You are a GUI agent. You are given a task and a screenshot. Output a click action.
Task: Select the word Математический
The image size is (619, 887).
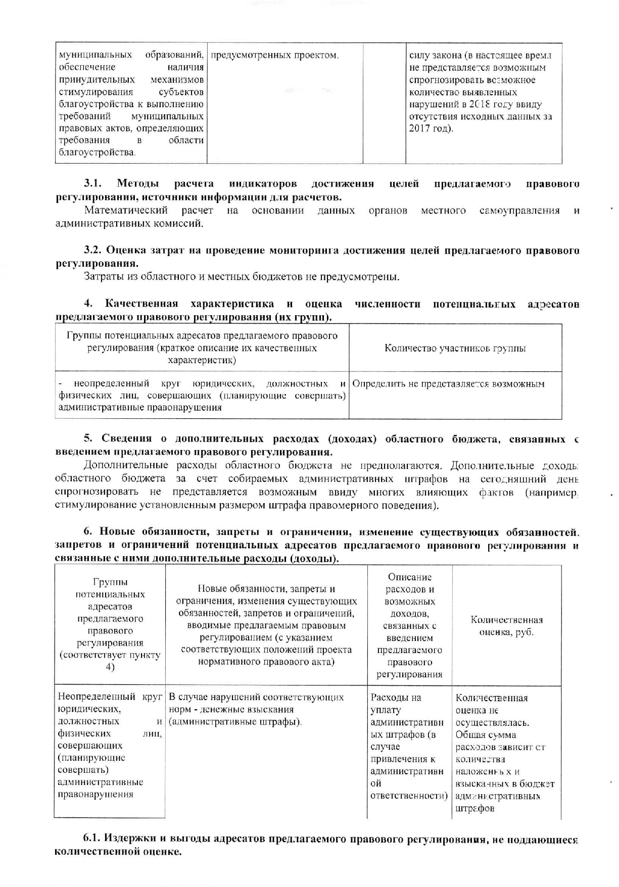pos(126,211)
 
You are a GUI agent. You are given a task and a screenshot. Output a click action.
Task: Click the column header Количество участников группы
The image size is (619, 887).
pos(455,348)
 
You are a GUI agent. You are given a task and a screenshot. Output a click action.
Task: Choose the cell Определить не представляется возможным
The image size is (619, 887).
pos(448,384)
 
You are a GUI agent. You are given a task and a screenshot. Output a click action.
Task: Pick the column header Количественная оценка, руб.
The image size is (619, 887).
pos(506,626)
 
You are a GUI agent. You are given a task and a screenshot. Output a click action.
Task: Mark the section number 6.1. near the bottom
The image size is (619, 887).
pos(93,839)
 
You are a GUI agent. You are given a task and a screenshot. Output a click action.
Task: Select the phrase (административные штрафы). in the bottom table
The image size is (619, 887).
pos(235,722)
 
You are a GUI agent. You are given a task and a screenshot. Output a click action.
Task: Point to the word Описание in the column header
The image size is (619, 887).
pos(409,577)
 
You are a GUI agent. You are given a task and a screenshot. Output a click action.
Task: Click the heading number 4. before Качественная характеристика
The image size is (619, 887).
pos(88,304)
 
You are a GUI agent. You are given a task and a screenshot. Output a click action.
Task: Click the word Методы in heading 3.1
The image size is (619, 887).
pos(137,183)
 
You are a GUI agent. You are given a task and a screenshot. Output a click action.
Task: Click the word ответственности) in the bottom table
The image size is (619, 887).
pos(409,796)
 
